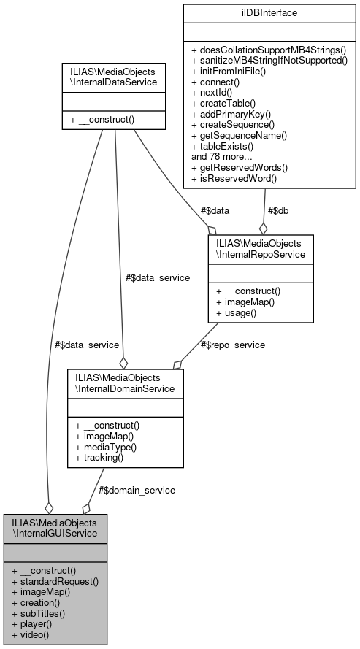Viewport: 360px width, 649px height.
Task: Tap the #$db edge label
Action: pos(277,211)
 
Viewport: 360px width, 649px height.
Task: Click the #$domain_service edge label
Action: pos(137,490)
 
